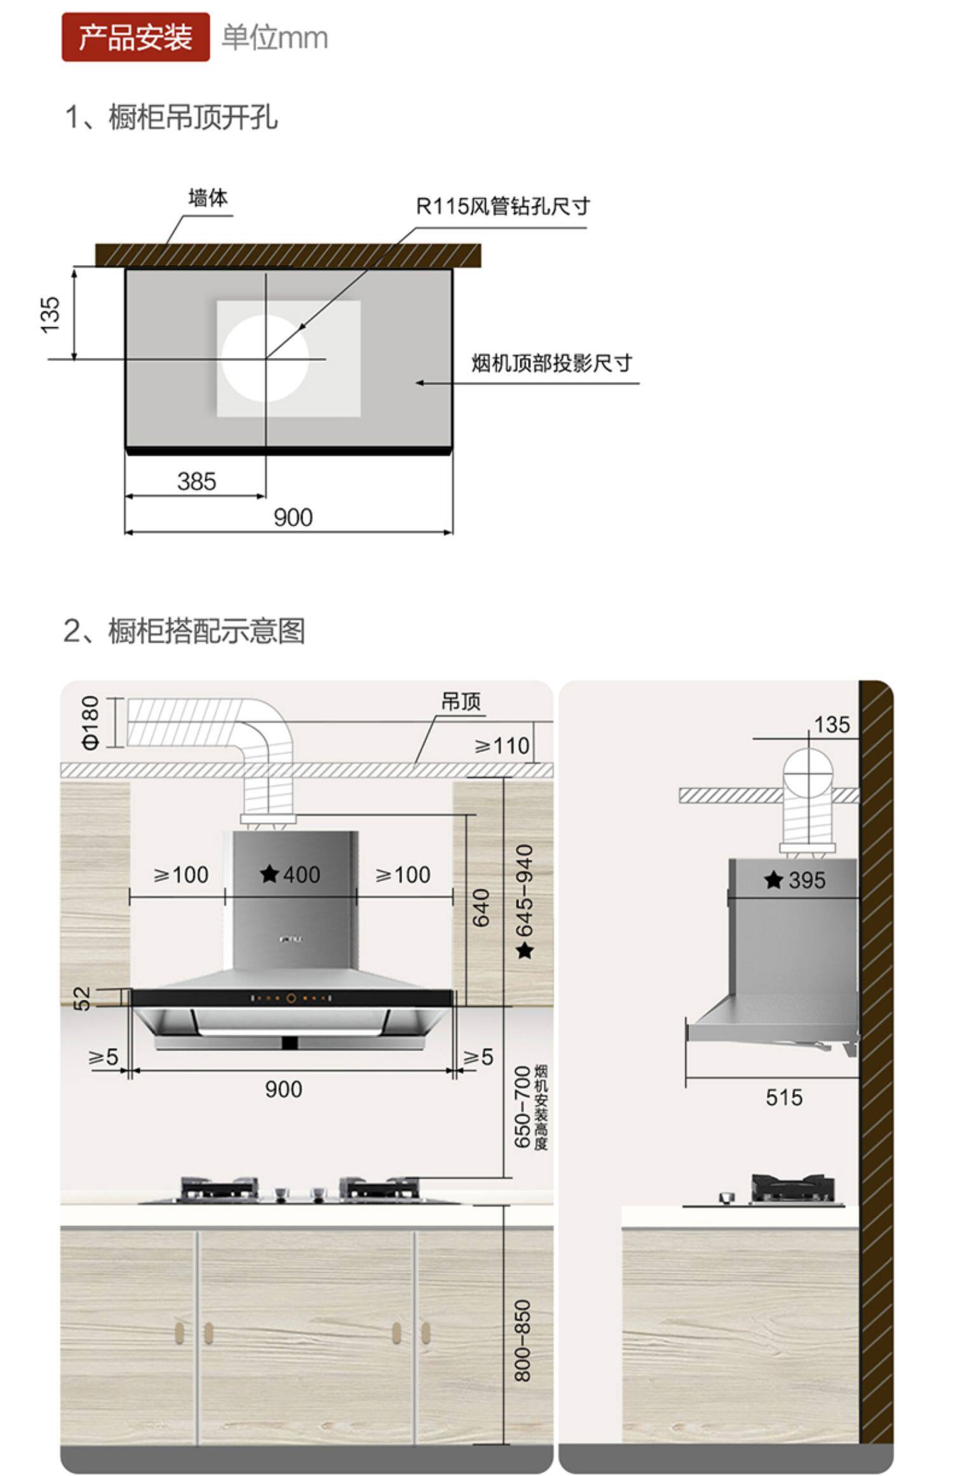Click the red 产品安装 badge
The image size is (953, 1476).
[x=135, y=38]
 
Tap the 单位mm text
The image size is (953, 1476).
[x=274, y=38]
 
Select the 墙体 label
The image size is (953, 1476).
[x=208, y=198]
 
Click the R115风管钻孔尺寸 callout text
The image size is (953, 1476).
[x=503, y=206]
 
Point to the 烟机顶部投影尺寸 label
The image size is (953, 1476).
[x=551, y=364]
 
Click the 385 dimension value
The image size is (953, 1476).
[x=196, y=481]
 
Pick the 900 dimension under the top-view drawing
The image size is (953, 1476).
[x=293, y=517]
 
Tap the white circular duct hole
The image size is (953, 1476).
[x=265, y=358]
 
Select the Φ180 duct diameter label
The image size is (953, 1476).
[x=91, y=722]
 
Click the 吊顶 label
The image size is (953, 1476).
[x=461, y=702]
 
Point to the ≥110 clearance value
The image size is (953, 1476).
[x=502, y=746]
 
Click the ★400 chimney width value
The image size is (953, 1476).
[x=290, y=875]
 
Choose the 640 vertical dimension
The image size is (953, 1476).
[x=482, y=908]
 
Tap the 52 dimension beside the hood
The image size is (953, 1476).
[x=83, y=998]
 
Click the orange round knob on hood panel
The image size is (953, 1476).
[x=291, y=998]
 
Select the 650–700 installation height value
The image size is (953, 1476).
[x=522, y=1107]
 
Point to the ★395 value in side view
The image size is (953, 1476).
[x=795, y=880]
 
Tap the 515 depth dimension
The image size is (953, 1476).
[x=784, y=1097]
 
